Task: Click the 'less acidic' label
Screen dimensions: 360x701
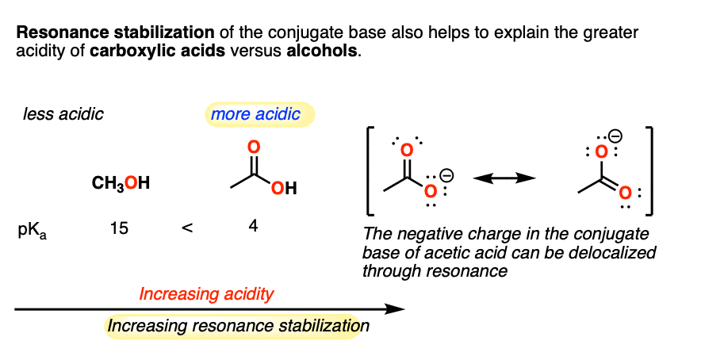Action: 63,114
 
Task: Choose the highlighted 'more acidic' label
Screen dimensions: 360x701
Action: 255,114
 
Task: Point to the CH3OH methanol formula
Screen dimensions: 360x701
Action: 121,184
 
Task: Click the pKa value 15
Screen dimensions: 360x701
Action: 118,228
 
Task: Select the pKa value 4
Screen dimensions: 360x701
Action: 252,226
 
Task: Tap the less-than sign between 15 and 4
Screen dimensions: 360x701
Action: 186,228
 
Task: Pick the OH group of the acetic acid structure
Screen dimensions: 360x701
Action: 285,190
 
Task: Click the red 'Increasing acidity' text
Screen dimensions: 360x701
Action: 206,294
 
